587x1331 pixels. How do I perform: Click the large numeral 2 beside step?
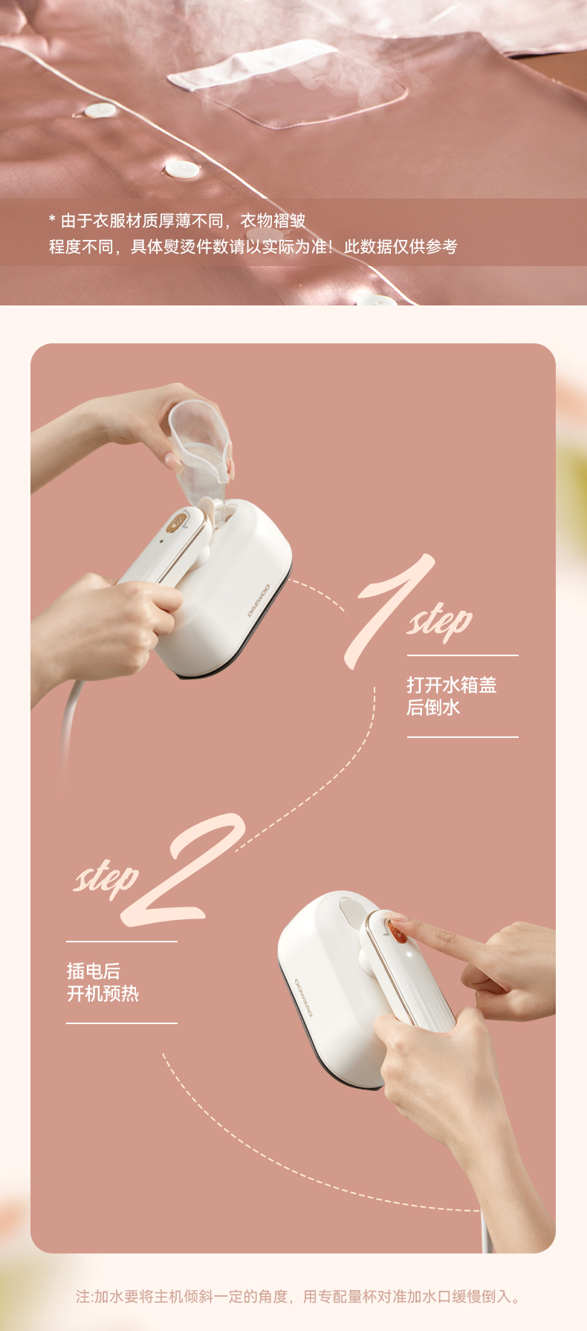186,869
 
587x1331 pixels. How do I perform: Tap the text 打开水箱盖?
451,684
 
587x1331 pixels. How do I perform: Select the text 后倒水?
433,707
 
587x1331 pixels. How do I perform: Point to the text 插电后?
94,971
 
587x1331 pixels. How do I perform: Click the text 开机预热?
103,993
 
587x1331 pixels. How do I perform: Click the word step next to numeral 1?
439,621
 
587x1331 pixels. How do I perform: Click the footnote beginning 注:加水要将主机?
299,1296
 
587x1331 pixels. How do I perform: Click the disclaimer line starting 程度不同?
253,246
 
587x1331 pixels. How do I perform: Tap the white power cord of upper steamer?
68,728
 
